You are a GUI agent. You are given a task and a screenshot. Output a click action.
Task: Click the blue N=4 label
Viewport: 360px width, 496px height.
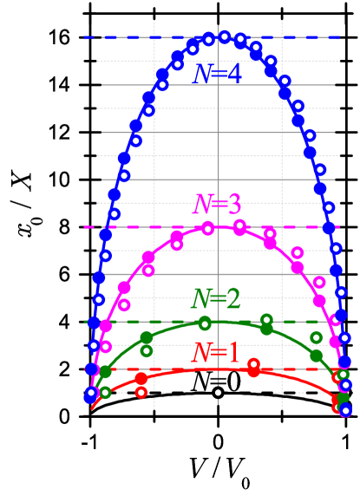tap(217, 75)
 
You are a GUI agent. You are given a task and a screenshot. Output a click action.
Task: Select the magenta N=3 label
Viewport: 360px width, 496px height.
tap(217, 206)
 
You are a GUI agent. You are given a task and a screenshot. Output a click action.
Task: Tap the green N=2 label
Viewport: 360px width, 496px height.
tap(216, 299)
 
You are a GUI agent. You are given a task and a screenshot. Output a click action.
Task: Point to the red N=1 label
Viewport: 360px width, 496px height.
tap(215, 353)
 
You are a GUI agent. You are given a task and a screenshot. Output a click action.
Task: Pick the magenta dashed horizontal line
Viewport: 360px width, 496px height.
tap(95, 227)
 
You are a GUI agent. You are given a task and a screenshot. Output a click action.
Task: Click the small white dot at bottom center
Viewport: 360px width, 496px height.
tap(218, 393)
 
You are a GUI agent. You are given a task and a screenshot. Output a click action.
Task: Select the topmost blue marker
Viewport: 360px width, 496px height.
tap(224, 37)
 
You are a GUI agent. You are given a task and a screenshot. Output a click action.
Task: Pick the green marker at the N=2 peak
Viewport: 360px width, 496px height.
tap(205, 323)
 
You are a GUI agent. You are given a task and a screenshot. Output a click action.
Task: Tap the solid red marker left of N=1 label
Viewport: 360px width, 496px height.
tap(141, 378)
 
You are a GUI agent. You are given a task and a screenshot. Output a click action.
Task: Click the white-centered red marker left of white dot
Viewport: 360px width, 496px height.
tap(141, 393)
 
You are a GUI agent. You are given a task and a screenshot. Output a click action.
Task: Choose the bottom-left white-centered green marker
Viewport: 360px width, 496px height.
tap(105, 392)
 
